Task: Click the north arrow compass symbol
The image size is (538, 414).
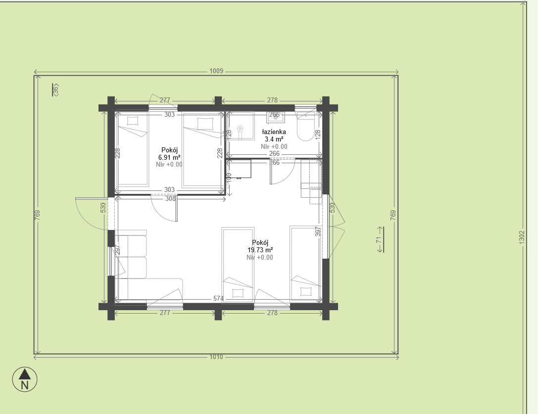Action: tap(24, 379)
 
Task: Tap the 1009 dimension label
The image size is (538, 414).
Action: tap(216, 71)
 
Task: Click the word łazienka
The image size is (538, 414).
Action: tap(274, 132)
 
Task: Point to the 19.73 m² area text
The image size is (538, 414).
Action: tap(260, 250)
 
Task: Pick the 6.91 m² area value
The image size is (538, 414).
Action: tap(169, 157)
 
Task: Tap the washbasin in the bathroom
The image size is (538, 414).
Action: tap(275, 117)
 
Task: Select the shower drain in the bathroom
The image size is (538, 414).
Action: tap(240, 128)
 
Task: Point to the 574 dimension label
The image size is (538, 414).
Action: tap(218, 298)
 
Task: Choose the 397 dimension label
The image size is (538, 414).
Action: tap(318, 232)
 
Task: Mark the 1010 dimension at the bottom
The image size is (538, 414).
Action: tap(216, 357)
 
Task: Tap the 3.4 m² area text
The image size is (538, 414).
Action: tap(274, 139)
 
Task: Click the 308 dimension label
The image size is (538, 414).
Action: tap(170, 199)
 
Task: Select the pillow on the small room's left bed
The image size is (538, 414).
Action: tap(133, 120)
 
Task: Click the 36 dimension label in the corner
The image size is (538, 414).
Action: tap(55, 90)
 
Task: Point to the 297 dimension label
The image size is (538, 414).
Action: tap(118, 250)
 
